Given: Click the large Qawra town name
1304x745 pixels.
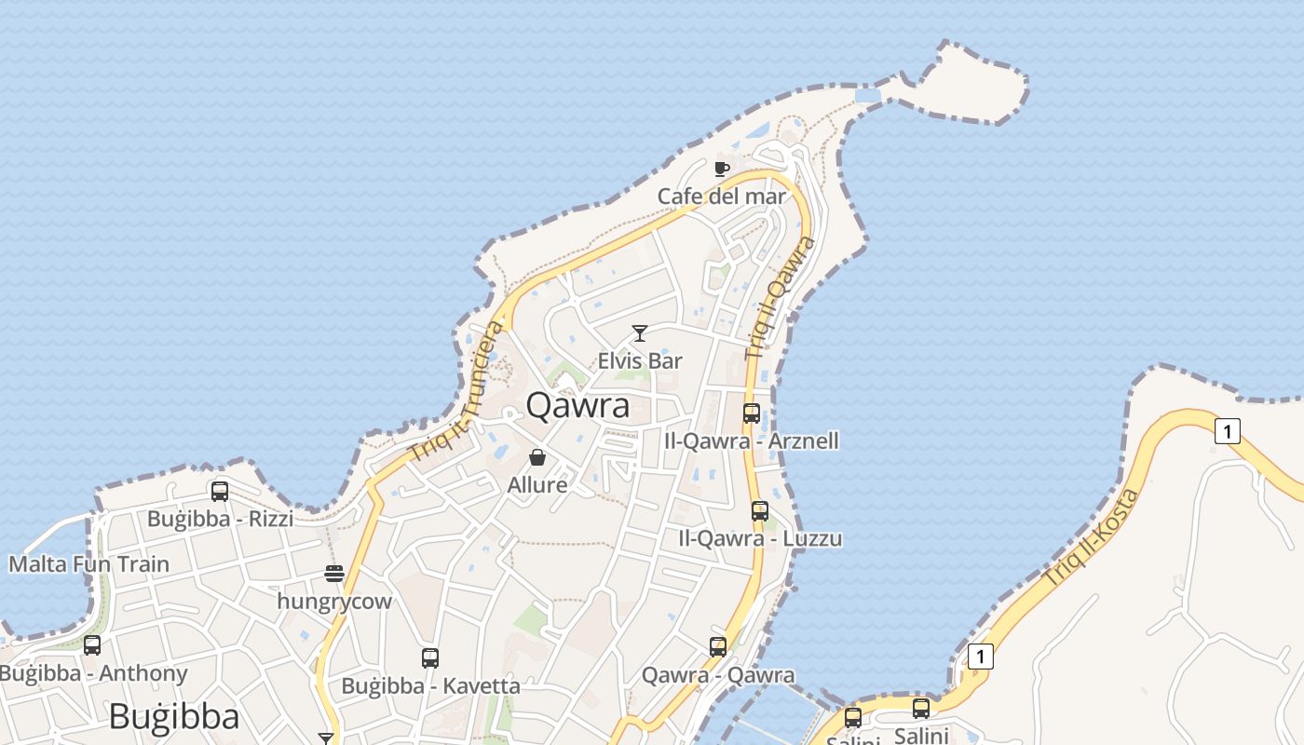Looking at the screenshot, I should (577, 405).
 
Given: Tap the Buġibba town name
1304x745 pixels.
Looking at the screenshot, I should (173, 717).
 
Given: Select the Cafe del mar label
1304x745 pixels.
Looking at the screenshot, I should (722, 196).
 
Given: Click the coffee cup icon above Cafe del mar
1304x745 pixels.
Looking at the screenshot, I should (721, 169).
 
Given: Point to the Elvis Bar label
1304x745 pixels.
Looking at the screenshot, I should (640, 360).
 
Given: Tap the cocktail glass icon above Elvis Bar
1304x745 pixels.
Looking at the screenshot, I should (640, 333).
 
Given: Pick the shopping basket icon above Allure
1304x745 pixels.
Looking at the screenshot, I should (537, 457).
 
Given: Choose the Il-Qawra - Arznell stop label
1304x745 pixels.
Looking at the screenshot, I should (752, 440).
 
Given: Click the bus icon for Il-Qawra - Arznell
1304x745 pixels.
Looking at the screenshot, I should (752, 413).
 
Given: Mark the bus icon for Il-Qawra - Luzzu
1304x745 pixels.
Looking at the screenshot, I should (760, 510).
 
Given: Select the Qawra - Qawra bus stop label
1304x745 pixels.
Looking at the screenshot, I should (718, 675).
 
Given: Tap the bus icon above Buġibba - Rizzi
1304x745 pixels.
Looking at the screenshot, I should (220, 491).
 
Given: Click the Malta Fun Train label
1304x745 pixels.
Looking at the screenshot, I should (89, 564).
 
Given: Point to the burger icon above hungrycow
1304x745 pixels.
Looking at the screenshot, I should (334, 574).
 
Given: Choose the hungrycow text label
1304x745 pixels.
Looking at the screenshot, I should (334, 602).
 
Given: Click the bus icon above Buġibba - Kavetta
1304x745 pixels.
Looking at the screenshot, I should (430, 658).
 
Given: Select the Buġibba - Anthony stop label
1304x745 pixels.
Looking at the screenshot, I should (93, 673).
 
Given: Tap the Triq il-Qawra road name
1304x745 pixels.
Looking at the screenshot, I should (781, 299).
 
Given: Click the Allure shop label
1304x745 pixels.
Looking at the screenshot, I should (537, 485).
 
